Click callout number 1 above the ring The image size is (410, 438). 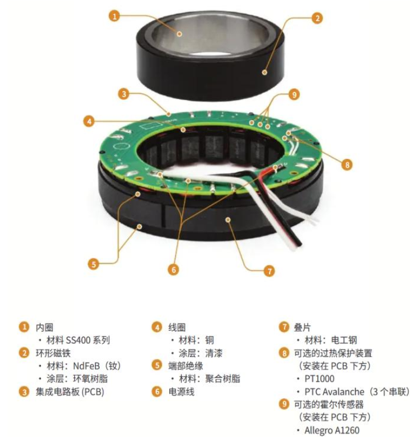click(114, 16)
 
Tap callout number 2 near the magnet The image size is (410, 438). click(317, 19)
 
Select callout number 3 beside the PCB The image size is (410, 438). click(124, 94)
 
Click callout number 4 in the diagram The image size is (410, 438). click(89, 121)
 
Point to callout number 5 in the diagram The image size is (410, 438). click(93, 264)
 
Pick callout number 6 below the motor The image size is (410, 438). click(174, 270)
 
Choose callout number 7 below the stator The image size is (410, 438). click(269, 271)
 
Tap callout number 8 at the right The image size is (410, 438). click(347, 165)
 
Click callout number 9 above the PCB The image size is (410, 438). click(294, 95)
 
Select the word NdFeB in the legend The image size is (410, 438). click(86, 366)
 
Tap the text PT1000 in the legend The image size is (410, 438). click(319, 379)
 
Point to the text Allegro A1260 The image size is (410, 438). click(332, 430)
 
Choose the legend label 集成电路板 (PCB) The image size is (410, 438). click(70, 392)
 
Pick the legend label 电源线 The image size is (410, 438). click(181, 392)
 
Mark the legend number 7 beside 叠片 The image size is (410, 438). click(284, 327)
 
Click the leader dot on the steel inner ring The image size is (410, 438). click(179, 34)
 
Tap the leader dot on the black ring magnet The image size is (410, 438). click(264, 72)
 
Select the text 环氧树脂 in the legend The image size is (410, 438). click(91, 379)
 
